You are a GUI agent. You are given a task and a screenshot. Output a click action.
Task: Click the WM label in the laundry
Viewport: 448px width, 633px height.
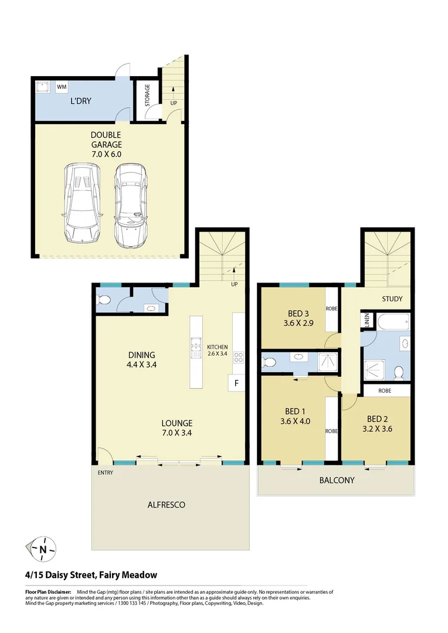point(62,88)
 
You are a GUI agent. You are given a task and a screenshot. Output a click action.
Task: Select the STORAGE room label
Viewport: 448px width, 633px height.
point(147,97)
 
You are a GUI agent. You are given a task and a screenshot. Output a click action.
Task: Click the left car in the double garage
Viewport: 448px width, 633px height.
point(80,203)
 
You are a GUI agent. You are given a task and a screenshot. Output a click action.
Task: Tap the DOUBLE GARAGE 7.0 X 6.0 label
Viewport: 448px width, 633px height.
point(106,144)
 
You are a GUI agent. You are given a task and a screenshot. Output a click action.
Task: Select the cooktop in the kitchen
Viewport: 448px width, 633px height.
point(239,357)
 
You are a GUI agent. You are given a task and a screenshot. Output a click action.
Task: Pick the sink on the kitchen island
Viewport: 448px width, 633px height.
point(196,350)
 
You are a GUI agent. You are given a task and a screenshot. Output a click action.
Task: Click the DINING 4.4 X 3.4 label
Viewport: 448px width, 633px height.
point(142,359)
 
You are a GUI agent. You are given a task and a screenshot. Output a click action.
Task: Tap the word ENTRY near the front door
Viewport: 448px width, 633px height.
point(106,472)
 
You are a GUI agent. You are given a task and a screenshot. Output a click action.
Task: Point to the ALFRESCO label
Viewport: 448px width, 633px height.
point(167,504)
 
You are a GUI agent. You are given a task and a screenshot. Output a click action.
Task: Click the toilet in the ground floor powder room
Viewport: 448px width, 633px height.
point(104,301)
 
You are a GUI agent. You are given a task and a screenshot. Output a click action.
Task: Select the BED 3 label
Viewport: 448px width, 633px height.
point(299,314)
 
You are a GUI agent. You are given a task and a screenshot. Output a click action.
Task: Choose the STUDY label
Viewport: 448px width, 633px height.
point(392,299)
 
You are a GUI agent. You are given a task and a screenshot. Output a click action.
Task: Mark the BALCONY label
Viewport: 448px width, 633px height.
point(337,480)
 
